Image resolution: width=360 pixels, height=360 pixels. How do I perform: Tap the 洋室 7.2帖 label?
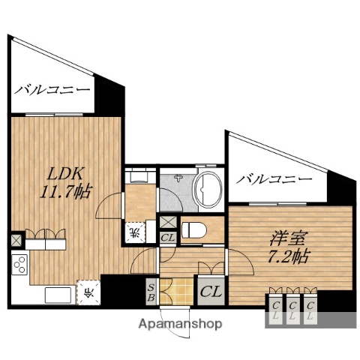pos(288,247)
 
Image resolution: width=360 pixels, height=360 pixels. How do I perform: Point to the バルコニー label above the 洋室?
pos(274,180)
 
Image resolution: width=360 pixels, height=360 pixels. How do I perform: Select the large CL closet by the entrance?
pos(208,288)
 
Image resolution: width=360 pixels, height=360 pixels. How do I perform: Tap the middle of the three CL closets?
pos(292,308)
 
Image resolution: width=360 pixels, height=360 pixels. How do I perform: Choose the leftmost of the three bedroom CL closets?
pos(275,308)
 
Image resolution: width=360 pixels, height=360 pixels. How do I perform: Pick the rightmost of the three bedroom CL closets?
pos(309,308)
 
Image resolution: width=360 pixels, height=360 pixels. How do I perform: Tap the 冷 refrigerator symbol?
pos(87,292)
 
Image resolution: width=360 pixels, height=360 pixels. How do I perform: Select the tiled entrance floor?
pos(172,290)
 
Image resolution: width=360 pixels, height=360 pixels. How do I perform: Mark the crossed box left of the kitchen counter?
pos(15,240)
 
